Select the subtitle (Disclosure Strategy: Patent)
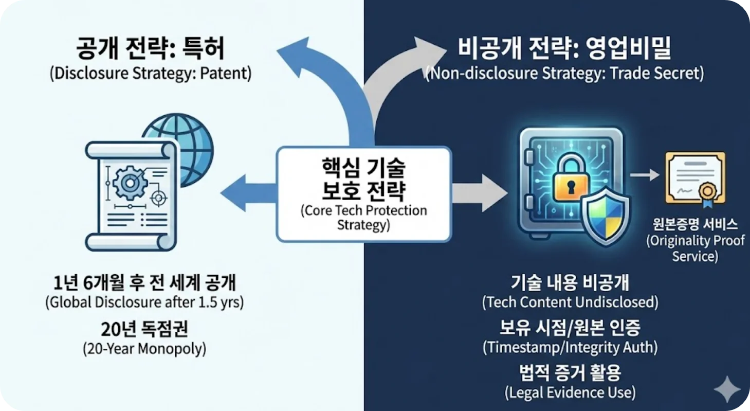coord(150,74)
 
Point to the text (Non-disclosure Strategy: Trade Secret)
coord(564,74)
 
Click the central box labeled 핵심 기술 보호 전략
coord(363,194)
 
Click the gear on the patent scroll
coord(125,184)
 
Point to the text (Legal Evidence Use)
coord(570,393)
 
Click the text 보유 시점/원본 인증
coord(570,327)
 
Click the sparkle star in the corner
coord(729,389)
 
